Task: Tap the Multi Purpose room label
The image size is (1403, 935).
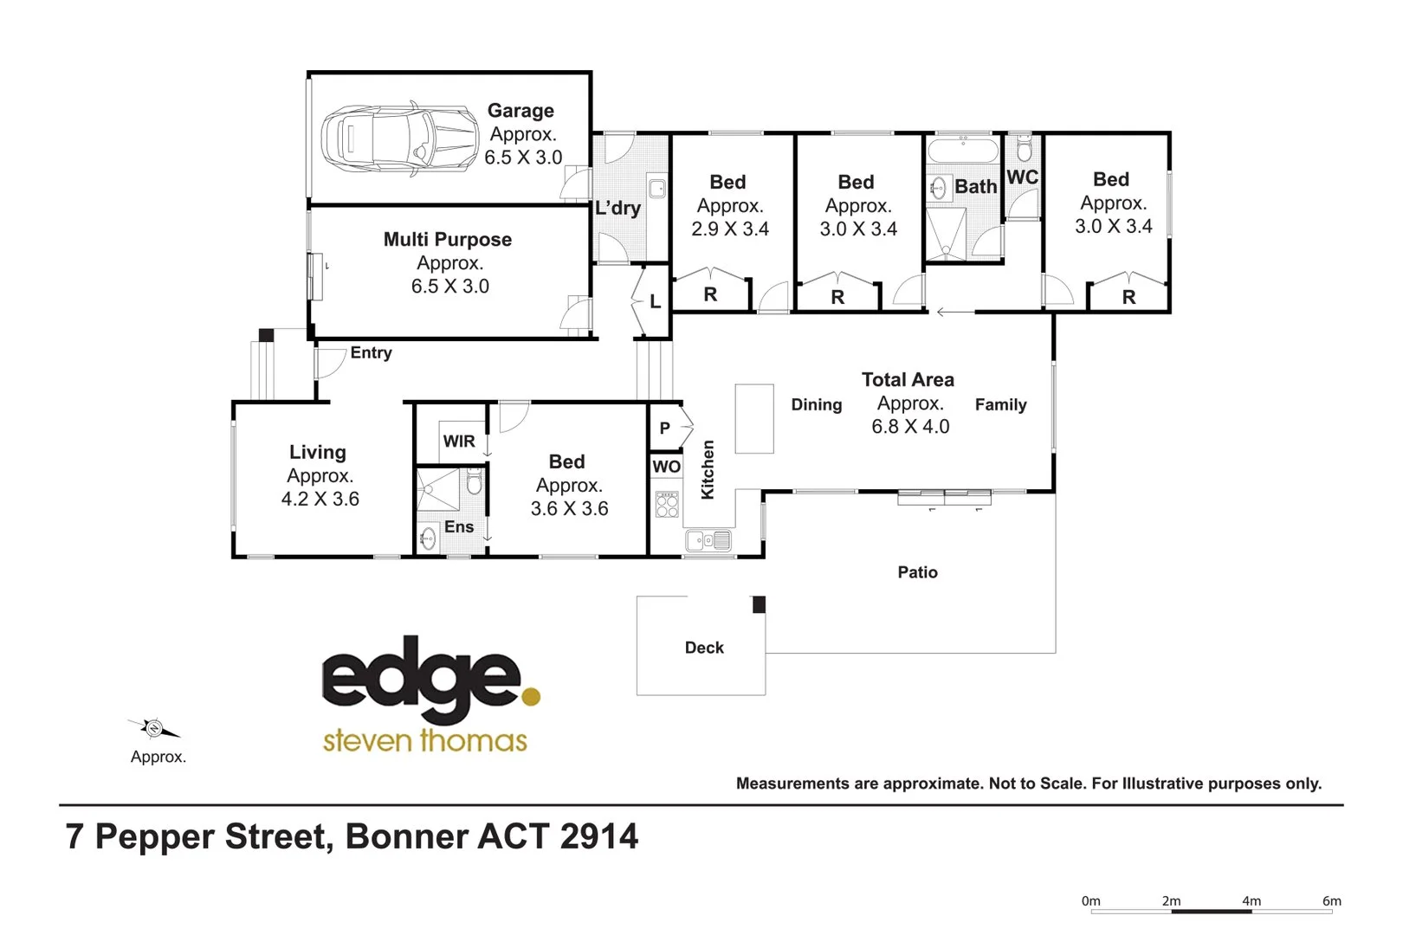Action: [x=447, y=240]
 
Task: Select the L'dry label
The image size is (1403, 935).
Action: [x=617, y=208]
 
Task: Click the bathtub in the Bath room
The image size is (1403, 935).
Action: [x=963, y=152]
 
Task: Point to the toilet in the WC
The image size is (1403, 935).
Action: [x=1024, y=150]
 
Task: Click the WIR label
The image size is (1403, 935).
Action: [x=458, y=442]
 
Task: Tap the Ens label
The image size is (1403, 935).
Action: [x=458, y=527]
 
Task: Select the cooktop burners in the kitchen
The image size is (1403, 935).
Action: [x=667, y=504]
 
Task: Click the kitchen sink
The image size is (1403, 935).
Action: [x=708, y=541]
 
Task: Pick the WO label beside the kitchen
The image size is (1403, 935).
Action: [x=666, y=467]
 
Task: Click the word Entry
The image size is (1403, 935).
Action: [x=371, y=353]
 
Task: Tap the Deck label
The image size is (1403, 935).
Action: [x=704, y=648]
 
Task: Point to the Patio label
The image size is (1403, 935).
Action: [x=917, y=572]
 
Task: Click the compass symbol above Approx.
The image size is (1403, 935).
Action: [x=154, y=728]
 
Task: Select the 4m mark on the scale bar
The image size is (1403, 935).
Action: [x=1251, y=902]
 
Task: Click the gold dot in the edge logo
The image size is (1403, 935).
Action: [x=531, y=695]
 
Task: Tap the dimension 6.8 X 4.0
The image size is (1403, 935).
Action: [x=910, y=427]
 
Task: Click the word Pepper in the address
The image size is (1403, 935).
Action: [x=154, y=836]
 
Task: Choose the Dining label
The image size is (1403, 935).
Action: [x=816, y=405]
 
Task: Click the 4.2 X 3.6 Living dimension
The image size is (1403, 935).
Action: [x=320, y=500]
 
